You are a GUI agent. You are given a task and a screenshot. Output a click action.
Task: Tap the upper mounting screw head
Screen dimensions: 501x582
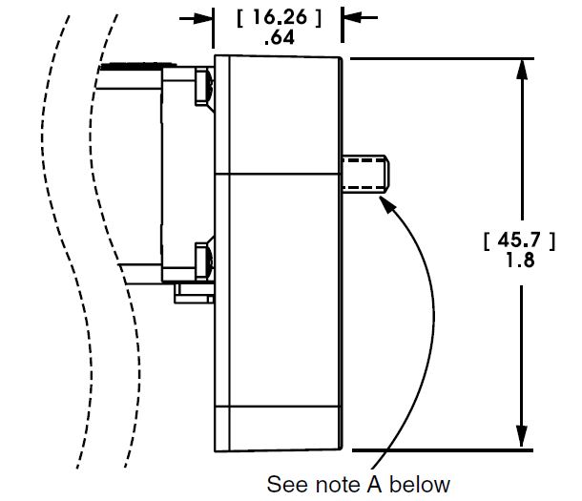tap(203, 88)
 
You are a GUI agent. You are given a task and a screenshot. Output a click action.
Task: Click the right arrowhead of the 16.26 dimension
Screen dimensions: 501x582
tap(351, 17)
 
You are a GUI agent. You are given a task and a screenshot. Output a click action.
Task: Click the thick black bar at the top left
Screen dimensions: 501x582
tap(129, 68)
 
